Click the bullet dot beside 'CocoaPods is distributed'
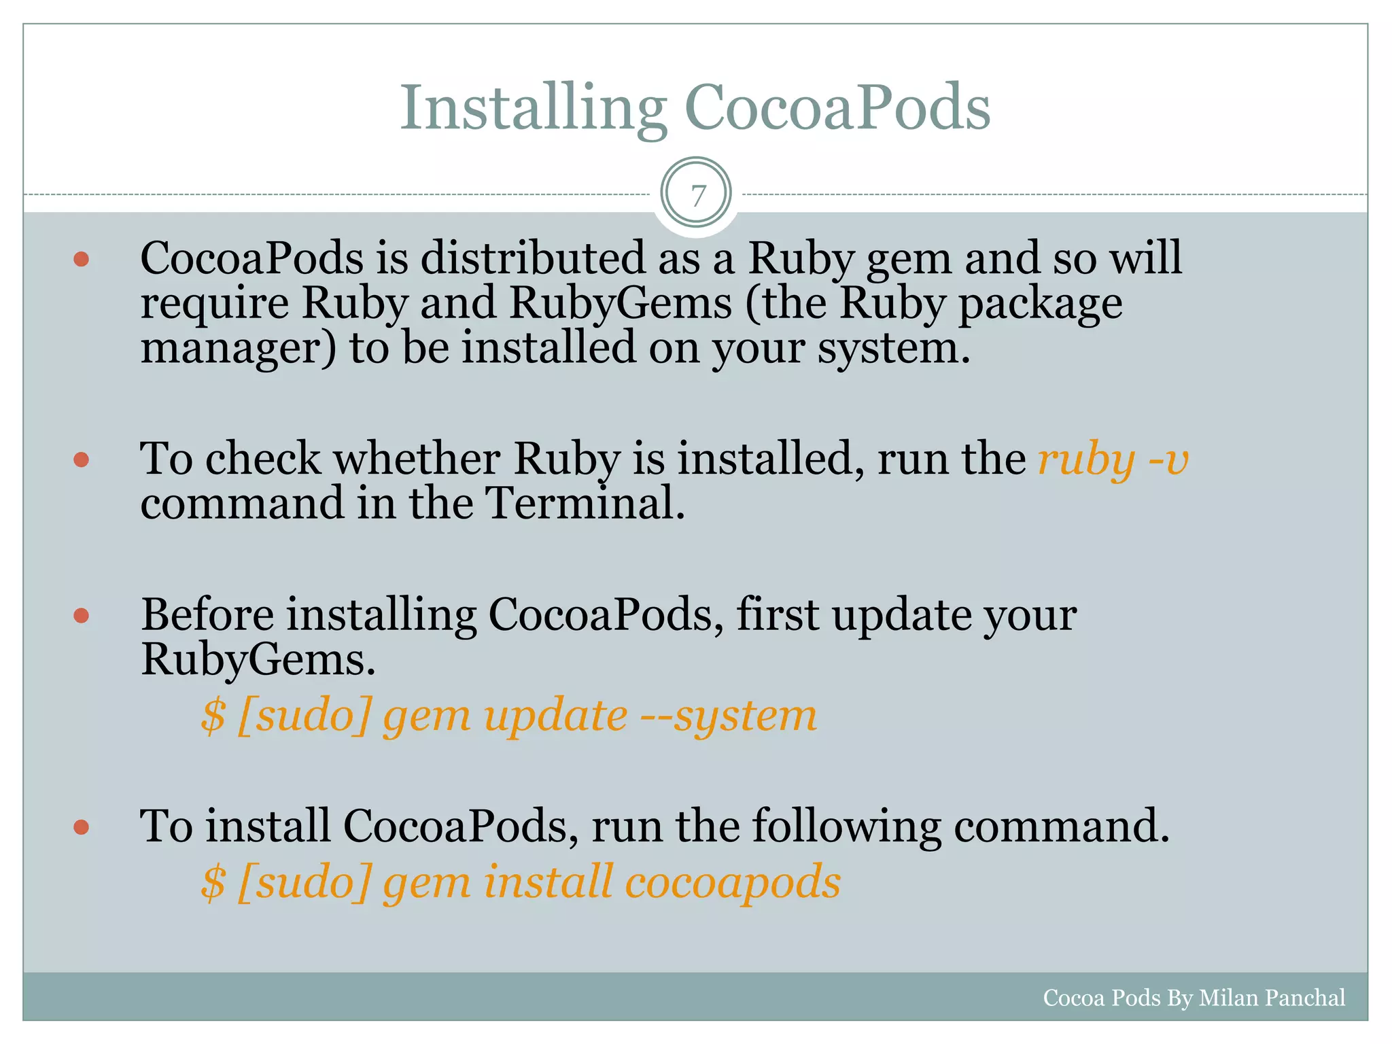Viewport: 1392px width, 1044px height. tap(82, 259)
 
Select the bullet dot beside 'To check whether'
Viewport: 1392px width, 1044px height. tap(82, 460)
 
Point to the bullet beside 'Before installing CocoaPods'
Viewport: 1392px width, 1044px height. tap(82, 616)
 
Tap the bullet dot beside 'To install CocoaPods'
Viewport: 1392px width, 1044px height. tap(82, 827)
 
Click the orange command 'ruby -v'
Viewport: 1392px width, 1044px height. tap(1113, 460)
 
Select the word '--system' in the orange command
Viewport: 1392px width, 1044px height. tap(729, 716)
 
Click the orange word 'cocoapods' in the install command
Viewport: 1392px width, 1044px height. tap(733, 882)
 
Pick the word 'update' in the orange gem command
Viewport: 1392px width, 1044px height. tap(555, 716)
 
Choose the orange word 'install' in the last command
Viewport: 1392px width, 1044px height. tap(549, 882)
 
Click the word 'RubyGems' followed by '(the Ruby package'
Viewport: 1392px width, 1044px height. tap(621, 303)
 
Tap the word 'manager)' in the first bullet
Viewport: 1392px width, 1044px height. tap(238, 348)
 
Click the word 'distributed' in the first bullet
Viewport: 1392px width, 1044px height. tap(532, 258)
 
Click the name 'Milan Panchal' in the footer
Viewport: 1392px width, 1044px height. tap(1272, 998)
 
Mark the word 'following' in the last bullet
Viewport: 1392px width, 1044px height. tap(846, 827)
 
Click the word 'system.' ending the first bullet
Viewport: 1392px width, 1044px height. tap(894, 348)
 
